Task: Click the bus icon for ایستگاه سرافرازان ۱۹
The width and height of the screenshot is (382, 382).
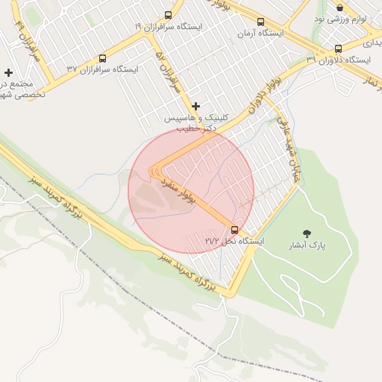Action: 168,15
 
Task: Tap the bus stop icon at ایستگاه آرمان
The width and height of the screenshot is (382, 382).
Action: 260,22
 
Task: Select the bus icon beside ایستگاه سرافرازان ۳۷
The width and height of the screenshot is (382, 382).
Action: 102,58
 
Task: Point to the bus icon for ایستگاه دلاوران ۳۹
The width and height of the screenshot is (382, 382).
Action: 338,48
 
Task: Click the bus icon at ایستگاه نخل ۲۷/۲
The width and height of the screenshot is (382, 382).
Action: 235,230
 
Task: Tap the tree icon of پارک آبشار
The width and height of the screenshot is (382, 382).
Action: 307,234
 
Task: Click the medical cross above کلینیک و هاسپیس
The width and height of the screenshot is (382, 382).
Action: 196,107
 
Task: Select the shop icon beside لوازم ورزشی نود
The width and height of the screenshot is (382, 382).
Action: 340,6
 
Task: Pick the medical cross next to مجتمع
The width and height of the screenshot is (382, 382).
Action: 8,73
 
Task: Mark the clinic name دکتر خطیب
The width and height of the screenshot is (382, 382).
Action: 196,128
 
